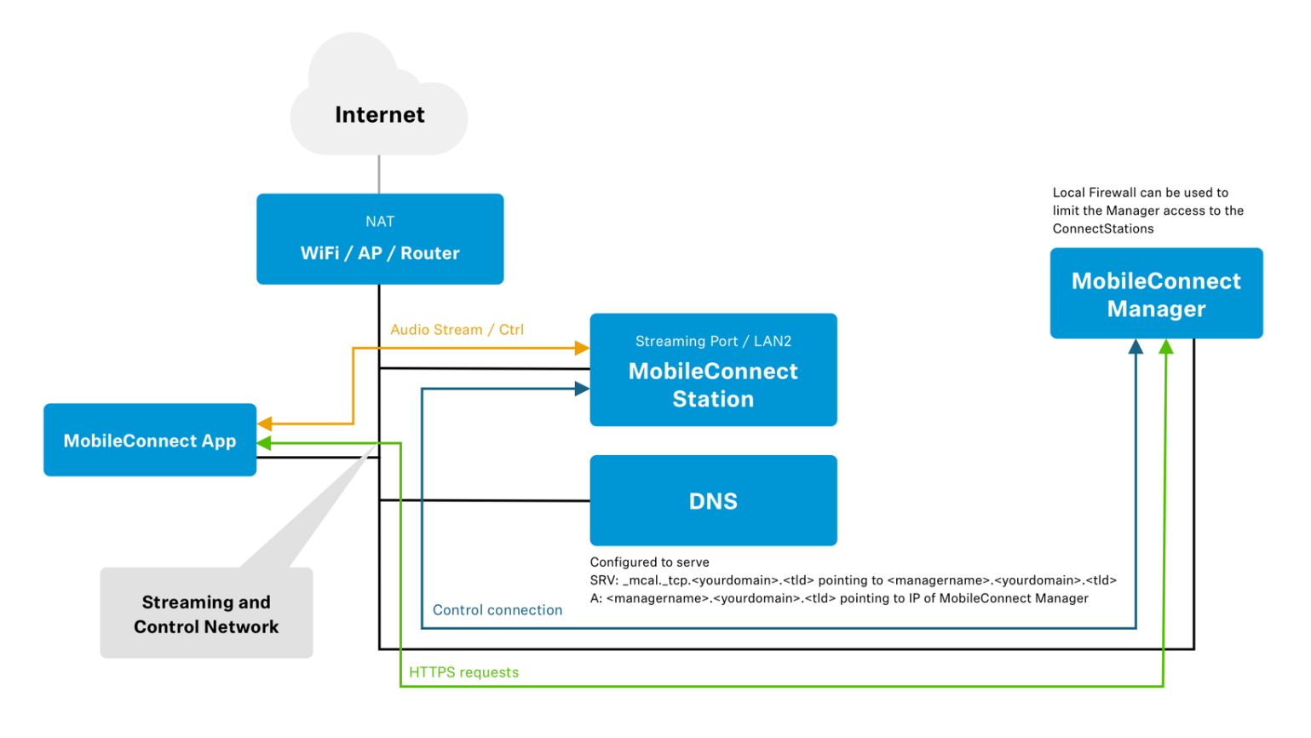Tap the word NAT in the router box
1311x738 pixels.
tap(380, 222)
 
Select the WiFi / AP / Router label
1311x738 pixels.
tap(380, 253)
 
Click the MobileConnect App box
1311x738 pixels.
tap(150, 440)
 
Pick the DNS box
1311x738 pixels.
tap(714, 501)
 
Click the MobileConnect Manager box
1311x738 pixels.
tap(1157, 293)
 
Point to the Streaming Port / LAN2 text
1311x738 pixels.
tap(714, 341)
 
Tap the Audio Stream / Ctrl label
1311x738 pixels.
tap(457, 330)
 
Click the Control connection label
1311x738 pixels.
tap(497, 609)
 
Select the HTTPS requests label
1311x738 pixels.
tap(463, 672)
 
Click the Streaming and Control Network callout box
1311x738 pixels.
tap(207, 613)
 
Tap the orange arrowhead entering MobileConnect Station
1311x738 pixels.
tap(582, 348)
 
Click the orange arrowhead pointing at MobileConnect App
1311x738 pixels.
tap(265, 424)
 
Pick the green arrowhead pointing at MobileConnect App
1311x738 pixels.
tap(265, 443)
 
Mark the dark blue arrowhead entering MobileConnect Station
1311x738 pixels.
tap(582, 389)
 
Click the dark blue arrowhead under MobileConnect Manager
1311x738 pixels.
tap(1136, 346)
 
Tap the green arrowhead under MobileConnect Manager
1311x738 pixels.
tap(1166, 346)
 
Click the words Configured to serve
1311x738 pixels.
tap(650, 562)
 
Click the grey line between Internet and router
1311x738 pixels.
tap(379, 175)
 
